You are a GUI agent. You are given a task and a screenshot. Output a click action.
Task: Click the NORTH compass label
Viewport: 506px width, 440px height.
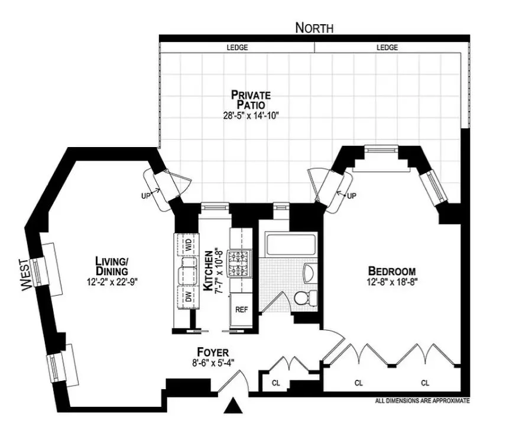tap(314, 28)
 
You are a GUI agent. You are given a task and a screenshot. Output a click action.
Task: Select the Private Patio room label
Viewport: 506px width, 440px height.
tap(251, 99)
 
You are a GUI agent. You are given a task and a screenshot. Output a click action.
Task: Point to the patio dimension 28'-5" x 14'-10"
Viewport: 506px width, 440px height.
tap(251, 116)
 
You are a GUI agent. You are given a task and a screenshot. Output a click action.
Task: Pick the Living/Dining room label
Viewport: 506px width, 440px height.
tap(112, 265)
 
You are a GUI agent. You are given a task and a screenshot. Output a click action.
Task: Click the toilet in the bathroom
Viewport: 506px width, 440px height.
tap(304, 298)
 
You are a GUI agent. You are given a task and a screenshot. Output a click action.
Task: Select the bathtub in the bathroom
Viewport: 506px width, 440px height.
tap(291, 244)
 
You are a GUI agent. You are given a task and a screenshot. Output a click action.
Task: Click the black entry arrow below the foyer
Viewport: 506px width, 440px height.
tap(235, 406)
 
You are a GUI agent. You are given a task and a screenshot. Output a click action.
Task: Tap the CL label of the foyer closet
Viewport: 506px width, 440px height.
tap(275, 383)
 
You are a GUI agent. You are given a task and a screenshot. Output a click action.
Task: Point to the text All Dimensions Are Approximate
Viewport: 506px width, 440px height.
tap(422, 401)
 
